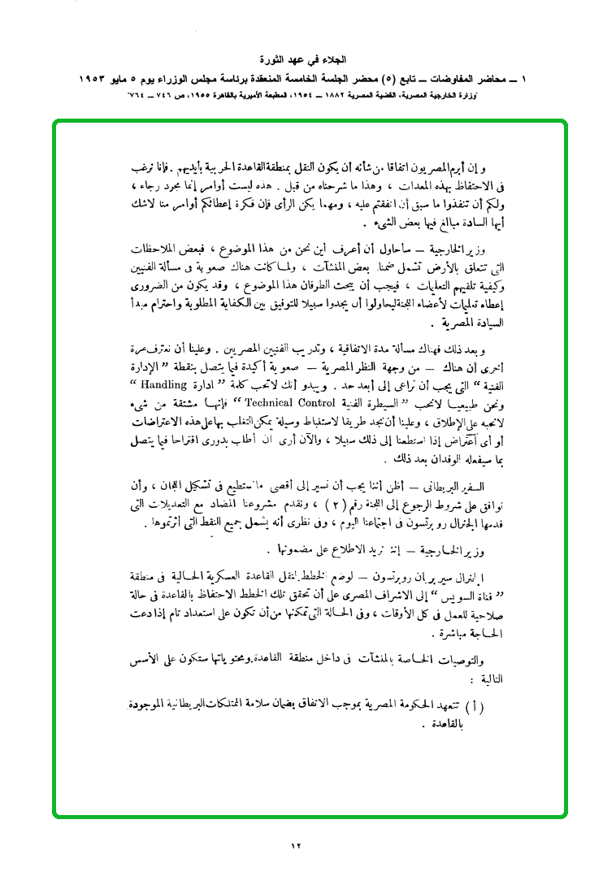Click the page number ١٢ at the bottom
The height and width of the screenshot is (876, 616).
click(x=295, y=846)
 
